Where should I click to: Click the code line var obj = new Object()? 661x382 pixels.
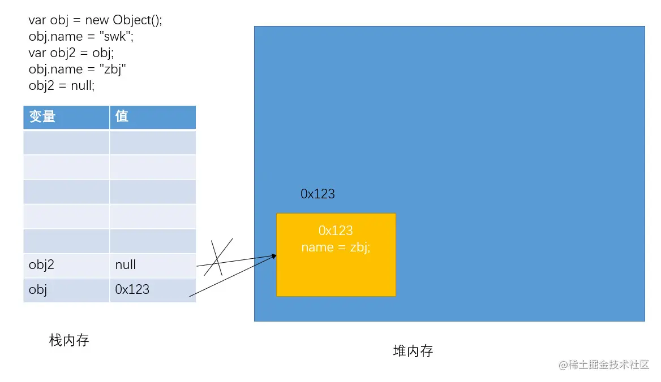(96, 20)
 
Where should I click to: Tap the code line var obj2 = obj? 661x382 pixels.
(71, 53)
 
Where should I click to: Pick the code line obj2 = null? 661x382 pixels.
(62, 86)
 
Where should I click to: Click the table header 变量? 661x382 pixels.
(42, 116)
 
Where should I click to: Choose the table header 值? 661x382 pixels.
(122, 116)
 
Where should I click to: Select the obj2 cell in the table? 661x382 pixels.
(41, 264)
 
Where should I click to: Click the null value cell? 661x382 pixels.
(126, 264)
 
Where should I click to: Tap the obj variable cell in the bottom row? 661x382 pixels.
(38, 289)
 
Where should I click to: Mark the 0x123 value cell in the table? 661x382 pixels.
(132, 289)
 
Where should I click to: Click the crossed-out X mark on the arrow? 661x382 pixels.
(217, 258)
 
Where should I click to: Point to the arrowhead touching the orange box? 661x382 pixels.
(274, 256)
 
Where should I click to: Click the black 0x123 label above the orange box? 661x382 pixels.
(317, 194)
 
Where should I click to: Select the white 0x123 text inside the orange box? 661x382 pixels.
(336, 231)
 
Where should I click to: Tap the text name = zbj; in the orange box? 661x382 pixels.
(336, 248)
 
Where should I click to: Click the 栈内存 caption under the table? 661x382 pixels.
(69, 340)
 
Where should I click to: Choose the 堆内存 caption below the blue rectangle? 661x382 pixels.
(413, 351)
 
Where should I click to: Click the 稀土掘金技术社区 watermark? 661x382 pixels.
(604, 364)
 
